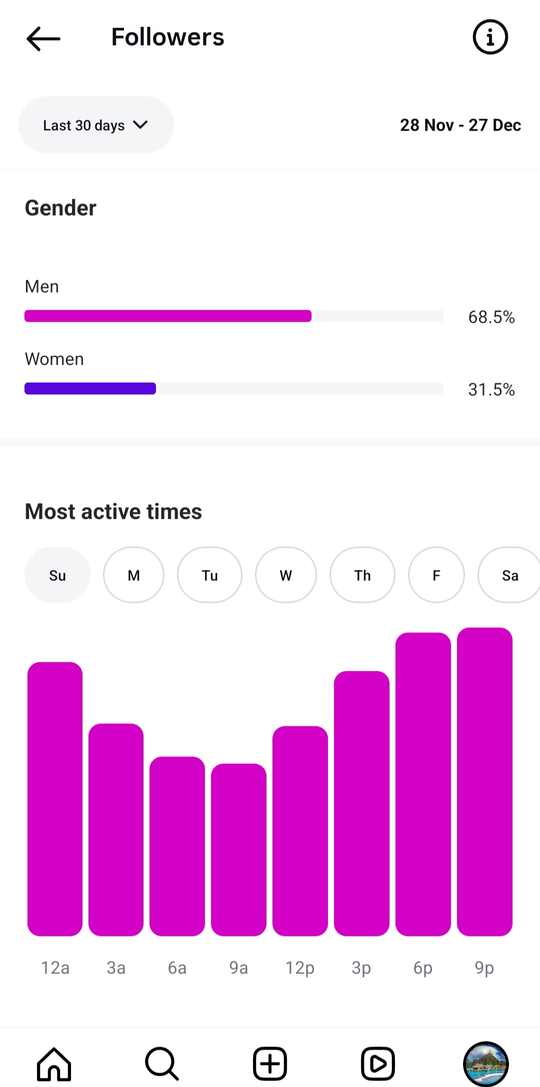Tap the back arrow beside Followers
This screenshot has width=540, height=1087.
[x=43, y=39]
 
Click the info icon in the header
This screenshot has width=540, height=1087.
[x=490, y=37]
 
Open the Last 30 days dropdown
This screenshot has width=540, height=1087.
[x=96, y=125]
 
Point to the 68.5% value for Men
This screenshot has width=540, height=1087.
[x=491, y=317]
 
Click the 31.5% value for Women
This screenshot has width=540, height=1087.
[x=491, y=390]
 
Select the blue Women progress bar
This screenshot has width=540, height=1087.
[x=90, y=389]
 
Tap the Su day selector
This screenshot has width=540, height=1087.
[x=57, y=575]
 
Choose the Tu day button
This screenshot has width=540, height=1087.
[x=210, y=575]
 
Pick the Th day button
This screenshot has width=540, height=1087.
[x=362, y=575]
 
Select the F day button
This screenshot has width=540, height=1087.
[x=436, y=575]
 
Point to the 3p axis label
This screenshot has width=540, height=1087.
[x=361, y=968]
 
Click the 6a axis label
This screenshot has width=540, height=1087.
[x=177, y=968]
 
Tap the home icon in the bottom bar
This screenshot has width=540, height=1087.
[x=54, y=1063]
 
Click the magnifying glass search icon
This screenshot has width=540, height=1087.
[x=161, y=1063]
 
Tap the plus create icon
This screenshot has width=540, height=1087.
[x=270, y=1063]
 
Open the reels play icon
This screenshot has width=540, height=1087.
[x=377, y=1063]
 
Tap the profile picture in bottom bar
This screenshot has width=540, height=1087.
[x=485, y=1063]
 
